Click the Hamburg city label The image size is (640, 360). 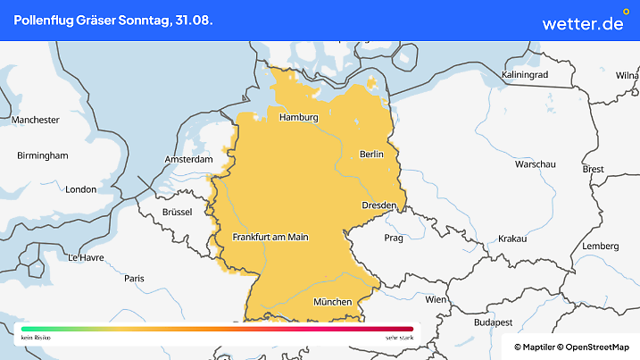(x=299, y=118)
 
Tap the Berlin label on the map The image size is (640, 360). (x=370, y=155)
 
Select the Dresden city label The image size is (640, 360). (x=378, y=205)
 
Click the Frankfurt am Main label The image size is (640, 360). (x=270, y=238)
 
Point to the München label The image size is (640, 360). (x=333, y=302)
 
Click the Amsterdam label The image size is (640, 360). (x=188, y=160)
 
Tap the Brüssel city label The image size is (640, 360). (x=178, y=213)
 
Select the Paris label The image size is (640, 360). (x=135, y=279)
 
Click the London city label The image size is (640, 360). (x=80, y=189)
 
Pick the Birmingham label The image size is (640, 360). (x=43, y=155)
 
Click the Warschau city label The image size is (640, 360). (x=536, y=165)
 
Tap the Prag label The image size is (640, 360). (x=394, y=239)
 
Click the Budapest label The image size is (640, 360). (x=492, y=322)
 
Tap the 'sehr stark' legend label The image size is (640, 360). (x=398, y=339)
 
